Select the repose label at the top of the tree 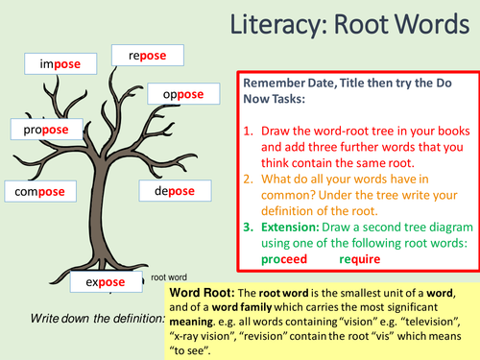[x=139, y=56]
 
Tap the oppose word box [x=177, y=94]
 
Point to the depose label [x=167, y=191]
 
